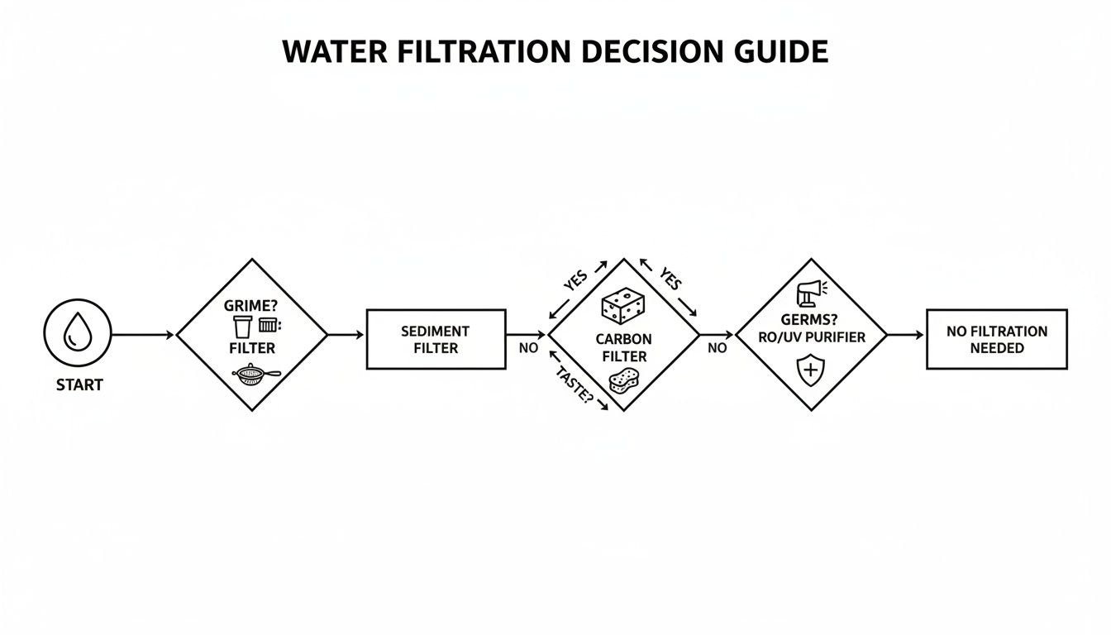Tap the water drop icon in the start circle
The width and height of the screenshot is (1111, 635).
77,333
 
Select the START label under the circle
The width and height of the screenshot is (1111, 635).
79,385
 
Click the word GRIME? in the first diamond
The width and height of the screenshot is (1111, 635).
251,305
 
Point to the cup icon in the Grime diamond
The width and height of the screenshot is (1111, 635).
241,327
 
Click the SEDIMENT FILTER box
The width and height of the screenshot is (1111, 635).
436,339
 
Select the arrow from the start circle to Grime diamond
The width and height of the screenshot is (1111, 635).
142,335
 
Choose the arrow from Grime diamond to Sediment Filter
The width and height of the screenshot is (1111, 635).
346,335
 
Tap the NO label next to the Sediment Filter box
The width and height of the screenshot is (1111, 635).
528,348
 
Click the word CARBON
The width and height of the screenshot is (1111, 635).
623,339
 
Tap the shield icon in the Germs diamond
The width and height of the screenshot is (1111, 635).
810,370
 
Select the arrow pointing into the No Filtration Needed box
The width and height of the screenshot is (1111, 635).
906,335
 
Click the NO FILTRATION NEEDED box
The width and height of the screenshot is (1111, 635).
996,339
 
